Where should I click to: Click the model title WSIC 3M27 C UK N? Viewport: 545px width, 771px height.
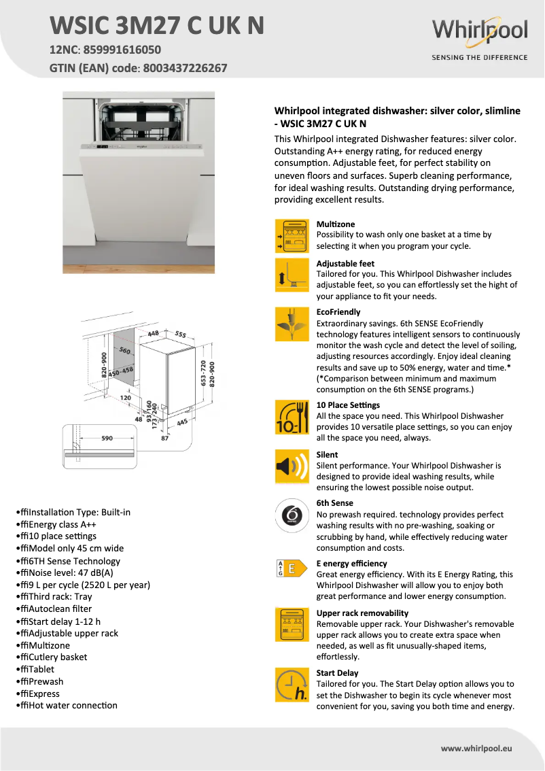tap(157, 25)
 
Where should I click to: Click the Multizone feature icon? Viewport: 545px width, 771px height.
tap(292, 236)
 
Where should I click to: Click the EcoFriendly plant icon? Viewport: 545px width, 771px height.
tap(292, 324)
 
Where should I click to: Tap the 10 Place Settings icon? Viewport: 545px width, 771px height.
tap(292, 417)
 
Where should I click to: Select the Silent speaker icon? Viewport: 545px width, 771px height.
tap(292, 466)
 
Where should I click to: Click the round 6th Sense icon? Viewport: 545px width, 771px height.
tap(292, 516)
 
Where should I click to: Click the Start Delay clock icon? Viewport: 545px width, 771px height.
tap(292, 684)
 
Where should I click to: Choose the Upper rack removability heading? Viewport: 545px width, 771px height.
tap(362, 613)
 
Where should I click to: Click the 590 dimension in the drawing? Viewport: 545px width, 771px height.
tap(107, 439)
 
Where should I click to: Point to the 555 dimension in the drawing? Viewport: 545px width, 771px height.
tap(180, 335)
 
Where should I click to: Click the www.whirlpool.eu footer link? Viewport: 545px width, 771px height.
tap(476, 748)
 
